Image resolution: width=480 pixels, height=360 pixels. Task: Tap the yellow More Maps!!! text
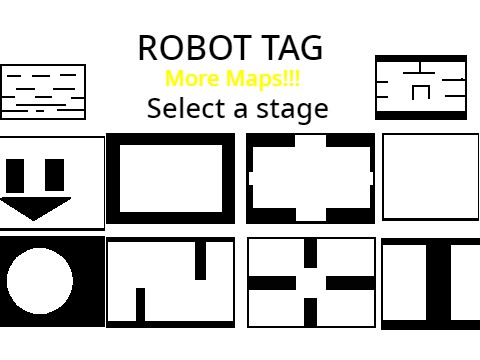coord(232,78)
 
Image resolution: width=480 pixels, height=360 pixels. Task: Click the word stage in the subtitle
coord(291,109)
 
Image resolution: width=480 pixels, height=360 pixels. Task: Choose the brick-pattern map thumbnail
coord(42,91)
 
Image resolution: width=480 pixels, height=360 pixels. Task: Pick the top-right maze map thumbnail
coord(421,87)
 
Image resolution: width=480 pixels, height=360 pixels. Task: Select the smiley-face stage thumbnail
coord(52,182)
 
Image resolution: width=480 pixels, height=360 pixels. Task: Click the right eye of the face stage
coord(55,176)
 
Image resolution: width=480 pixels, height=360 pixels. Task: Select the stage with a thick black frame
coord(171,178)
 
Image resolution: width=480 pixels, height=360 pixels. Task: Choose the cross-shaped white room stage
coord(311,178)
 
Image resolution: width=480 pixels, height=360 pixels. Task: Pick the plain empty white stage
coord(430,177)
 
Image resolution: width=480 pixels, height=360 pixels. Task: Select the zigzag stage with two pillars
coord(171,282)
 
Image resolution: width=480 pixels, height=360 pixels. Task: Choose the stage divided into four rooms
coord(311,282)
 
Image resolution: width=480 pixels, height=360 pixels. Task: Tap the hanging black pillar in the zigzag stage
coord(200,260)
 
